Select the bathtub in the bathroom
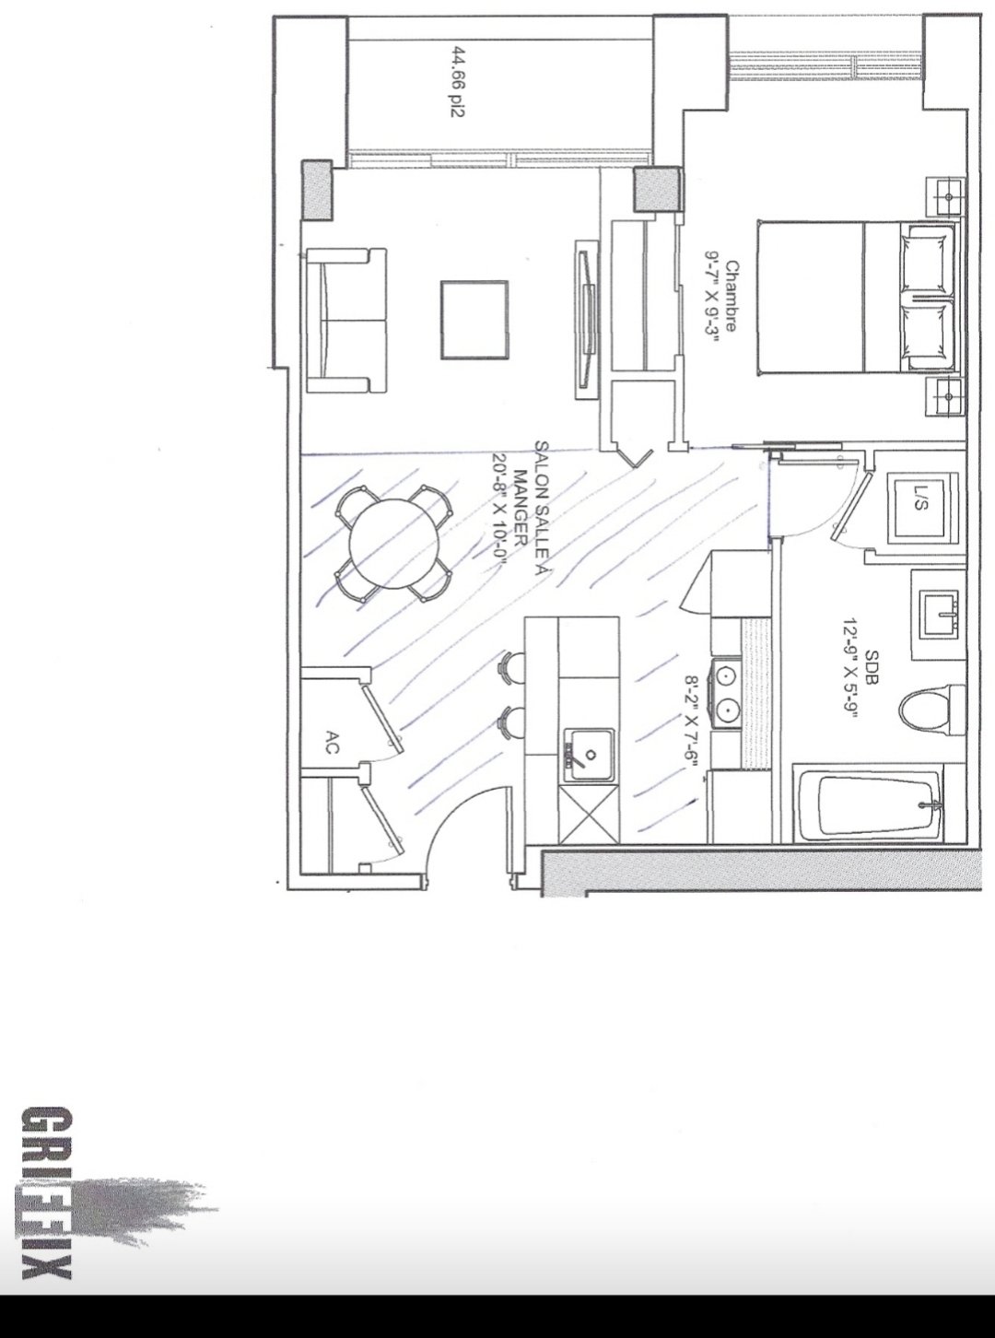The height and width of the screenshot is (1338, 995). click(870, 808)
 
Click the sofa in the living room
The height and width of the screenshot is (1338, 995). click(345, 321)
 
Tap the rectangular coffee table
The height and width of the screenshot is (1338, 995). click(474, 320)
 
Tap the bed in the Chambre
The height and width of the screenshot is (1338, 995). click(857, 296)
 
